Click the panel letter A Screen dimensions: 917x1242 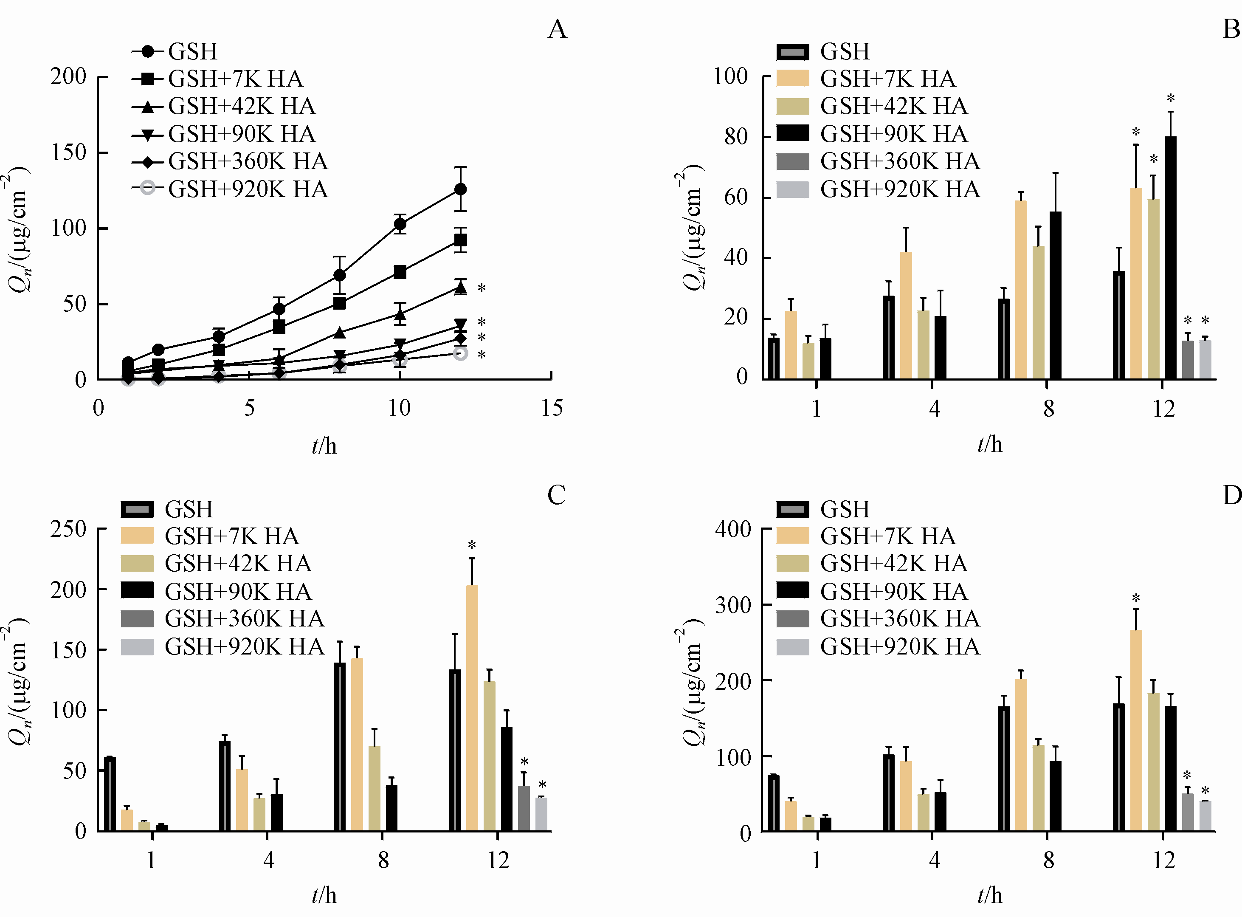pyautogui.click(x=557, y=29)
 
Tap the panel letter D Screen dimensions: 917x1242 pyautogui.click(x=1231, y=494)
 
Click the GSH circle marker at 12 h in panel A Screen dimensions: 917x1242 pyautogui.click(x=460, y=189)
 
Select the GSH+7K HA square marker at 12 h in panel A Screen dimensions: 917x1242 pyautogui.click(x=460, y=240)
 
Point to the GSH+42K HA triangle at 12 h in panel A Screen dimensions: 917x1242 pyautogui.click(x=460, y=288)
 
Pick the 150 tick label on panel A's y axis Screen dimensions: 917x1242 pyautogui.click(x=69, y=152)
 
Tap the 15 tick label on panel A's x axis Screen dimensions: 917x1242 pyautogui.click(x=552, y=408)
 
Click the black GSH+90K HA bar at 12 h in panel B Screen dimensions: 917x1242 pyautogui.click(x=1170, y=258)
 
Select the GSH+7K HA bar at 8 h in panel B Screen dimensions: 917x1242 pyautogui.click(x=1021, y=290)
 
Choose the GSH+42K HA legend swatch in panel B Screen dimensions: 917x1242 pyautogui.click(x=792, y=106)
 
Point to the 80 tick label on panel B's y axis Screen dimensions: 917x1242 pyautogui.click(x=736, y=136)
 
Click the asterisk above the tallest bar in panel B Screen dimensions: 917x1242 pyautogui.click(x=1170, y=99)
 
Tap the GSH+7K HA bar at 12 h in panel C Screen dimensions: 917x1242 pyautogui.click(x=472, y=708)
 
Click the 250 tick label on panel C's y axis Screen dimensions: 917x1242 pyautogui.click(x=69, y=529)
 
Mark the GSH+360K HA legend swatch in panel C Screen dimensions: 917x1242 pyautogui.click(x=137, y=619)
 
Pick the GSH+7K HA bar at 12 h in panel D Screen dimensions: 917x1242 pyautogui.click(x=1136, y=731)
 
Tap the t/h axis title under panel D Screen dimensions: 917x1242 pyautogui.click(x=989, y=895)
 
